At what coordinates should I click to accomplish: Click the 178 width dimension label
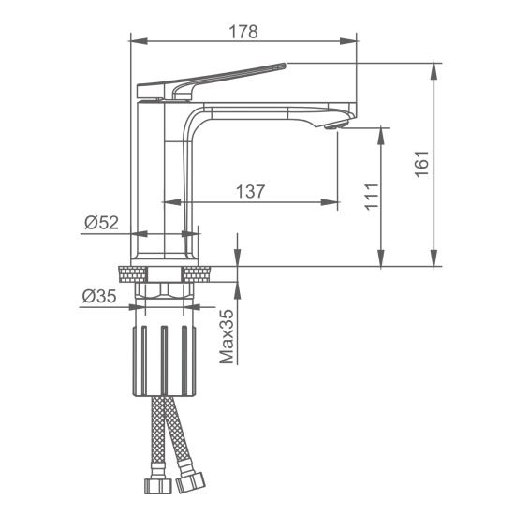tap(243, 32)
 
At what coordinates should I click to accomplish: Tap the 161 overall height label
tap(422, 164)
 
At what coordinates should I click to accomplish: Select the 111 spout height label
tap(372, 197)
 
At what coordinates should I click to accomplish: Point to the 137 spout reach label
tap(250, 191)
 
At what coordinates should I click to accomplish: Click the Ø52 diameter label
tap(101, 223)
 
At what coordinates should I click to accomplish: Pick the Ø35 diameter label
tap(99, 296)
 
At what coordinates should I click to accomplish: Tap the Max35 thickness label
tap(227, 337)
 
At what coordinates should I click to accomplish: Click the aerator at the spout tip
tap(335, 125)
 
